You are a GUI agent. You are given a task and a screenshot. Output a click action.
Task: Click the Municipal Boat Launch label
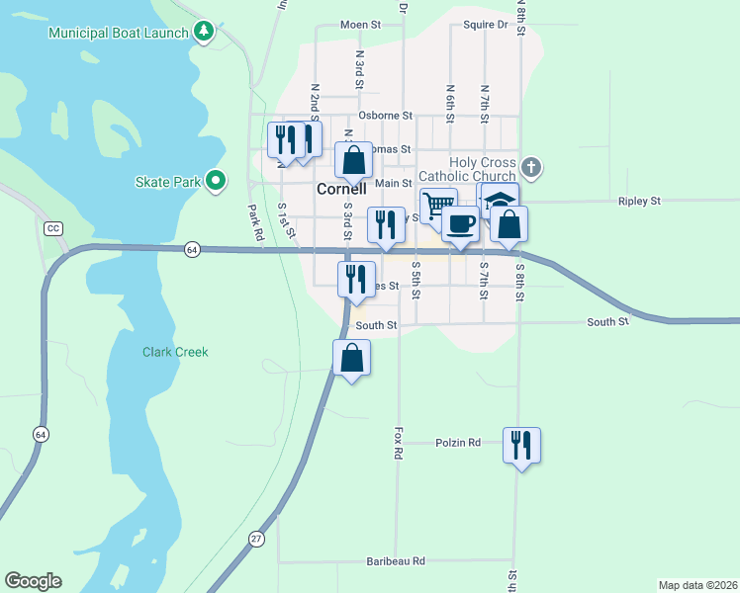119,33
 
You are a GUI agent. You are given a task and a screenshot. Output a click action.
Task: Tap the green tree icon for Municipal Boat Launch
204,32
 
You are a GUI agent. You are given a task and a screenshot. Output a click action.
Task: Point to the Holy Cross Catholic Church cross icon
531,166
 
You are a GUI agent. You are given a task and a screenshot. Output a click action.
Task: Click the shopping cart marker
436,206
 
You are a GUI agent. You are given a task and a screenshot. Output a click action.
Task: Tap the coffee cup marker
460,223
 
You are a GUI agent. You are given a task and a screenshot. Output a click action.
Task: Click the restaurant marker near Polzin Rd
521,445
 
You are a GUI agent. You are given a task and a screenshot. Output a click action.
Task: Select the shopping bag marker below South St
351,358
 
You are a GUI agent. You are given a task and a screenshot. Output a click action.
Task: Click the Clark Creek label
175,352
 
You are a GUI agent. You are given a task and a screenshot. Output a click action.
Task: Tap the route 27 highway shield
257,538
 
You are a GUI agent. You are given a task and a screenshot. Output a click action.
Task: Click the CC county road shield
53,228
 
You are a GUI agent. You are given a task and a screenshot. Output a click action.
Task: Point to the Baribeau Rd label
395,560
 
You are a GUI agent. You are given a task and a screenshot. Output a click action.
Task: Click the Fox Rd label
399,443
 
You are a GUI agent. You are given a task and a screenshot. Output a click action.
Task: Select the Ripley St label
639,201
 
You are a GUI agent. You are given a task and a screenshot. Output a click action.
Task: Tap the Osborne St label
384,116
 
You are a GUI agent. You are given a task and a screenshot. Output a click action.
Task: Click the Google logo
33,581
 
